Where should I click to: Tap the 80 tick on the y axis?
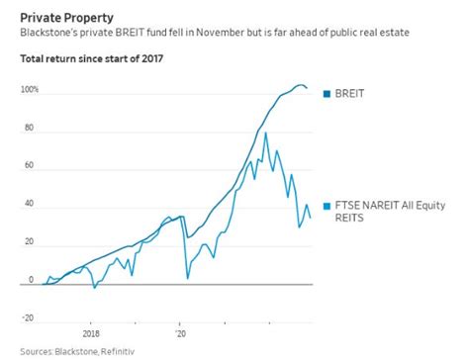(30, 128)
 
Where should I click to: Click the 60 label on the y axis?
(30, 166)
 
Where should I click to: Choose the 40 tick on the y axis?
(30, 204)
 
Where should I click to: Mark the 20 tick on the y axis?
(30, 242)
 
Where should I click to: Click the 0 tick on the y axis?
(32, 280)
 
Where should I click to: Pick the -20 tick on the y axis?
(29, 318)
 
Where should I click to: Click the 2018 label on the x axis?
(90, 334)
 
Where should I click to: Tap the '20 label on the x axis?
(179, 334)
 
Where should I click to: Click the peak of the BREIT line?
(300, 85)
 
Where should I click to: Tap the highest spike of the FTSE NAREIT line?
(264, 132)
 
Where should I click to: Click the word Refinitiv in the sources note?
(113, 351)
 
